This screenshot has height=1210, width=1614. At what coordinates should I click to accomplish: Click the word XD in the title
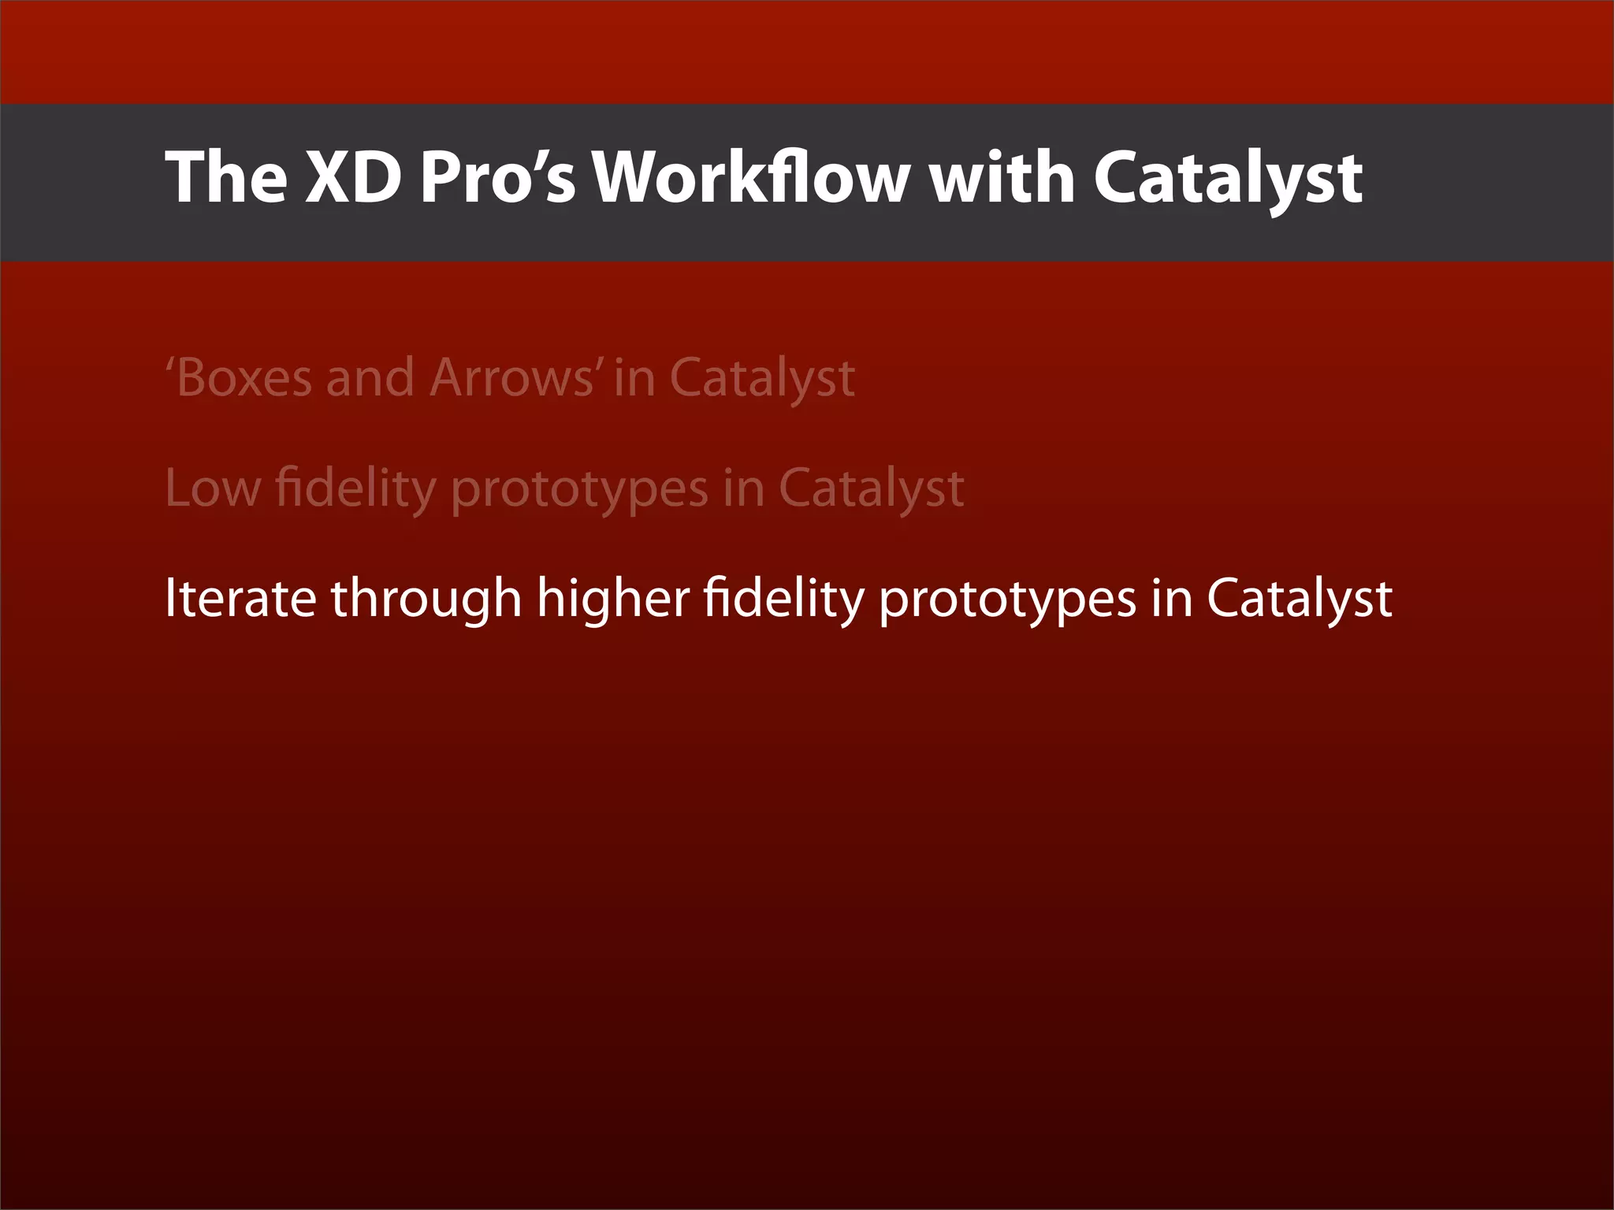pyautogui.click(x=352, y=177)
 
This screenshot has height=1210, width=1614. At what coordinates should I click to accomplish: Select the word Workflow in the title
pyautogui.click(x=751, y=177)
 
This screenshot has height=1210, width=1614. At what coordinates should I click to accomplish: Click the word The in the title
pyautogui.click(x=226, y=177)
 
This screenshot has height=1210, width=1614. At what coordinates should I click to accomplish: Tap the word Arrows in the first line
pyautogui.click(x=511, y=377)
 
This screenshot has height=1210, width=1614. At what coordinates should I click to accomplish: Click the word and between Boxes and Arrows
pyautogui.click(x=370, y=377)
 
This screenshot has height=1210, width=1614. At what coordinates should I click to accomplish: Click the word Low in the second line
pyautogui.click(x=212, y=488)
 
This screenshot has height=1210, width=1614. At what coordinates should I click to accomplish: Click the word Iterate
pyautogui.click(x=240, y=599)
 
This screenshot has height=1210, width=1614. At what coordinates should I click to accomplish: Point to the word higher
pyautogui.click(x=613, y=599)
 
